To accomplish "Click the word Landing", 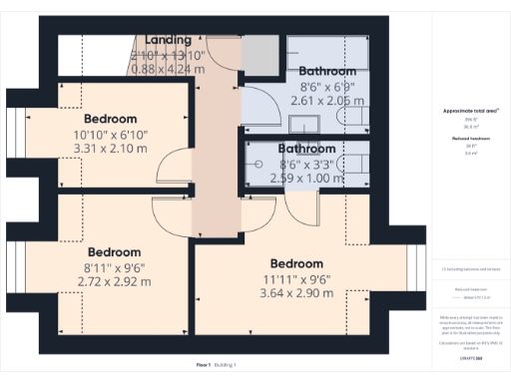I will (x=168, y=40).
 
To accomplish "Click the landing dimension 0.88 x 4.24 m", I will (x=168, y=69).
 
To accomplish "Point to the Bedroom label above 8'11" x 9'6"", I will (x=115, y=252).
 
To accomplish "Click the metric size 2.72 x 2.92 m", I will (x=115, y=282).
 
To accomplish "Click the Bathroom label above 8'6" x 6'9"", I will (x=327, y=72).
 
